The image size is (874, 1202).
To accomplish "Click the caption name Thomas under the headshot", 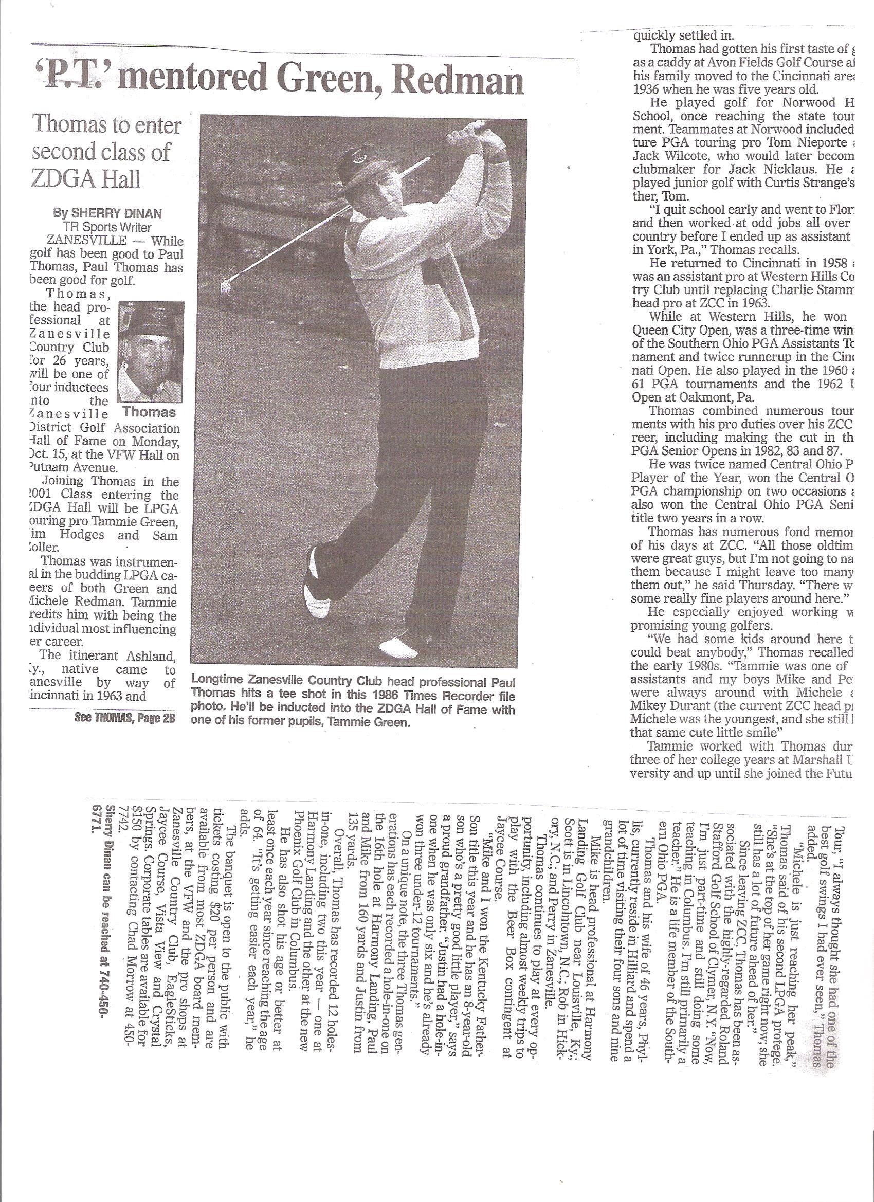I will point(149,412).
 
